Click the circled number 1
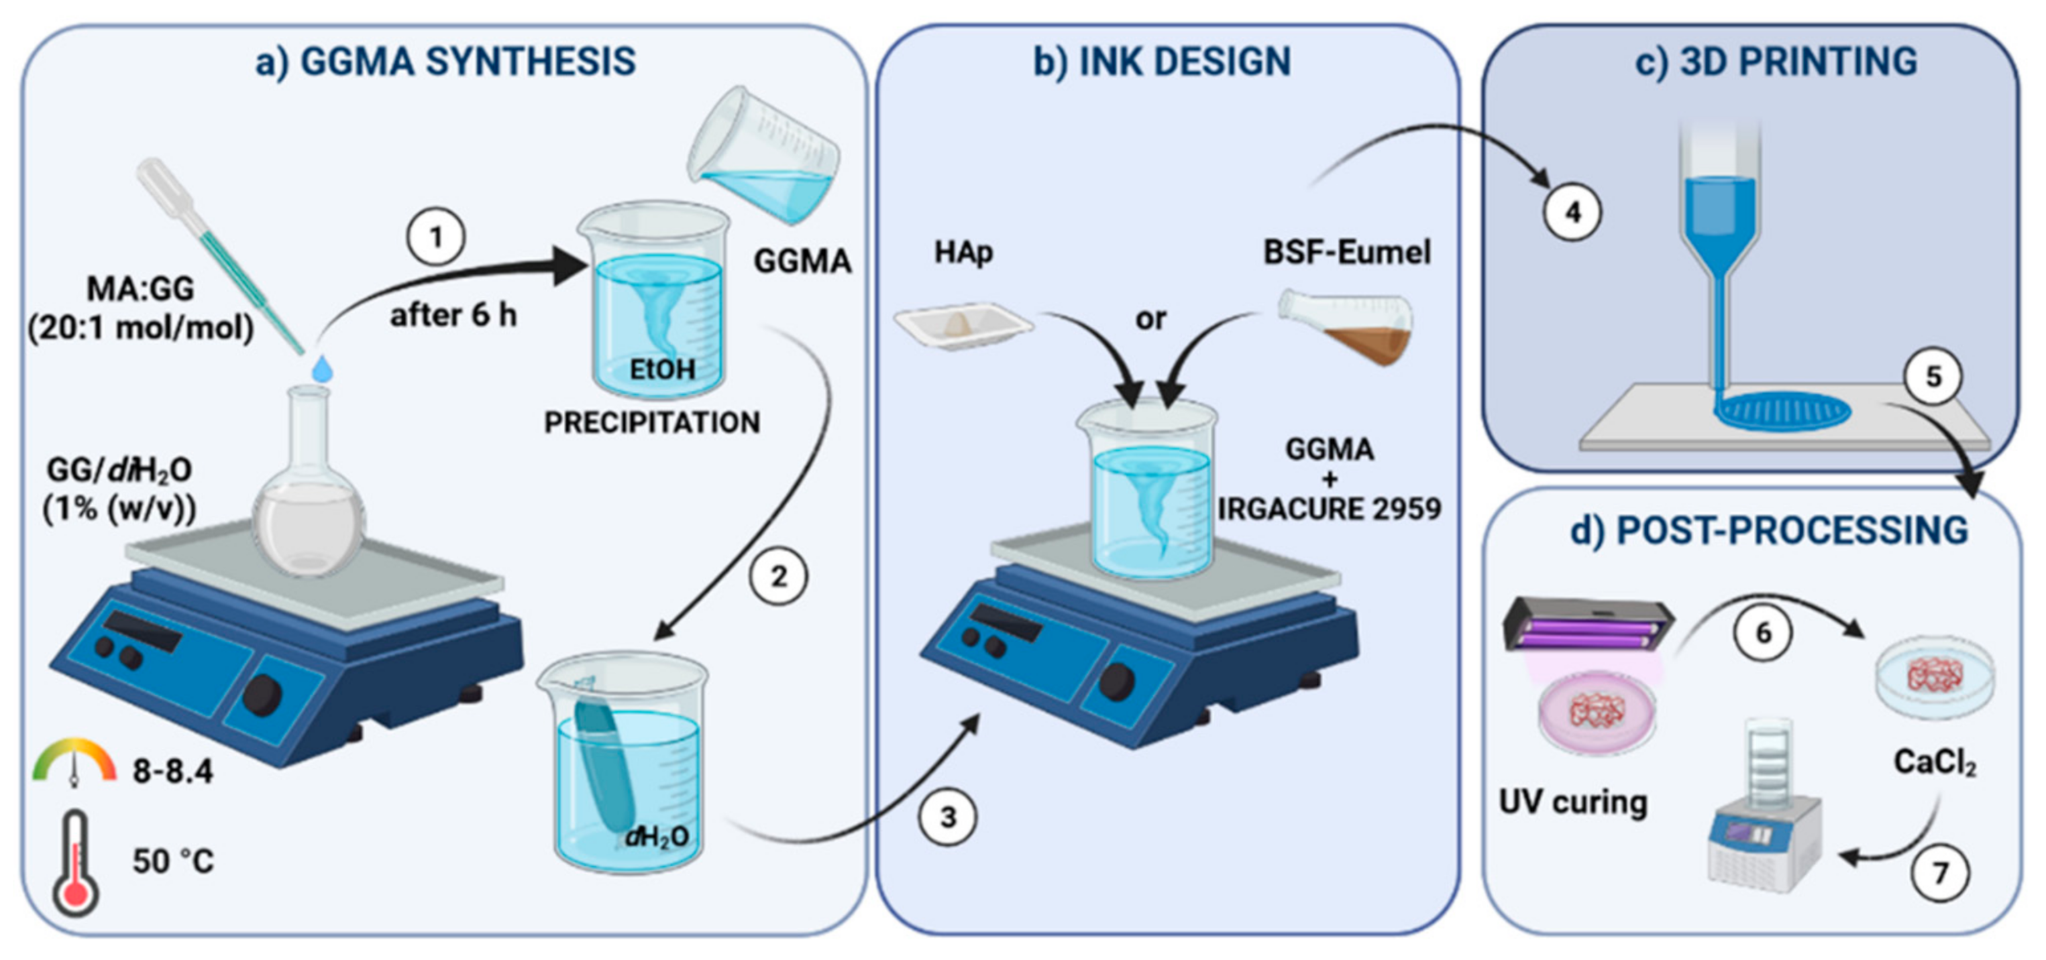click(x=435, y=236)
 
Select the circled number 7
click(x=1939, y=872)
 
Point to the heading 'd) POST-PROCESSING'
click(x=1769, y=530)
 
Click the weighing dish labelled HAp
click(x=963, y=325)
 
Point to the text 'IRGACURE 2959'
click(x=1329, y=509)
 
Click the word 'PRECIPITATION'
click(x=651, y=422)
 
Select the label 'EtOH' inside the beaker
click(x=662, y=369)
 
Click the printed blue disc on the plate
click(x=1784, y=411)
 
